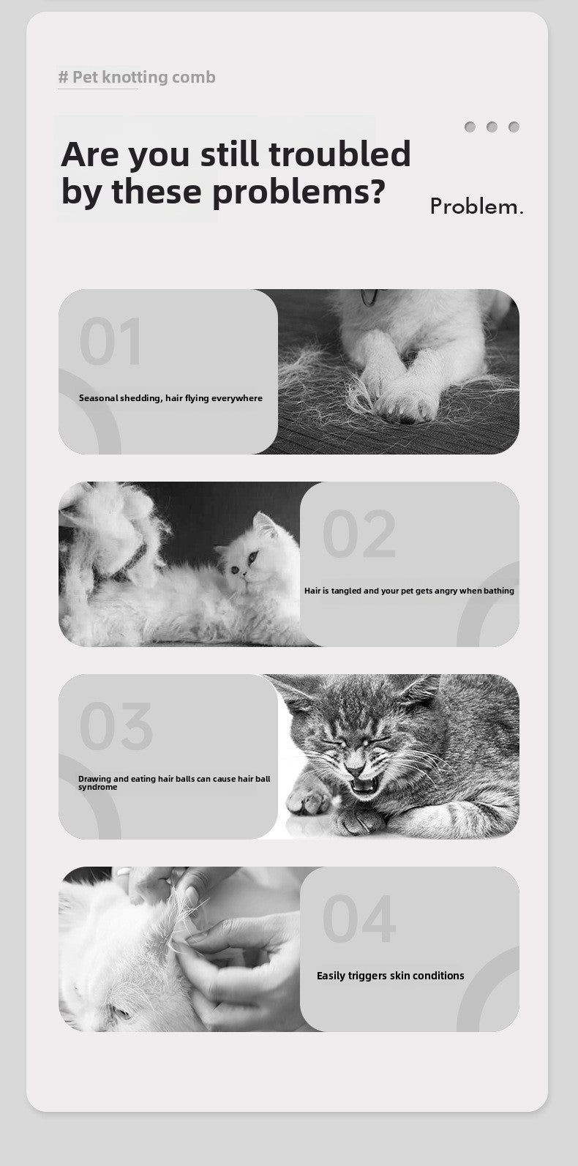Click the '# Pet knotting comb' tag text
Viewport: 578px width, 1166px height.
(x=137, y=77)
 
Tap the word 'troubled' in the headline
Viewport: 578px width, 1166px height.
(x=339, y=154)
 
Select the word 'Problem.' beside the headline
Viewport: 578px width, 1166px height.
(x=476, y=206)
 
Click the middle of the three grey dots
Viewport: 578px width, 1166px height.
(x=492, y=127)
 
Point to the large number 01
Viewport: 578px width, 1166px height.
(x=110, y=341)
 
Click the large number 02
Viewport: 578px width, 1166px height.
(x=359, y=534)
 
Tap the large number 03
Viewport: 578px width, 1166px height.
(x=116, y=726)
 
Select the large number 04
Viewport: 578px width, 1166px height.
(x=359, y=919)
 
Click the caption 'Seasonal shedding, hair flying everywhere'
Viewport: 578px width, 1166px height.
(x=170, y=398)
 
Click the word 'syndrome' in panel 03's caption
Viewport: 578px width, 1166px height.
(x=98, y=787)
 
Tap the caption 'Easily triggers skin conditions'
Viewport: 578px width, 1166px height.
(x=390, y=976)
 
